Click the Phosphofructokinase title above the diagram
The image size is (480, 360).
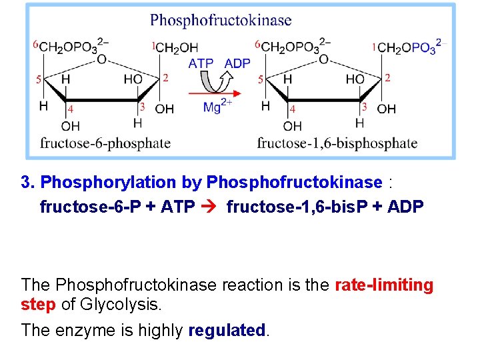tap(221, 20)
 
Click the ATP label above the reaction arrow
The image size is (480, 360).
tap(201, 63)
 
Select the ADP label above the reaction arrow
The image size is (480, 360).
tap(237, 63)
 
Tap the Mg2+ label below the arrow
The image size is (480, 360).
tap(217, 106)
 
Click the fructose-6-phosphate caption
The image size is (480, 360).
tap(105, 143)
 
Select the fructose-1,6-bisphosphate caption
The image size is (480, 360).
tap(337, 143)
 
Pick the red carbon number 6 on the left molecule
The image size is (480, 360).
tap(35, 45)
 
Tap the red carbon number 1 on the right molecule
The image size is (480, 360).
tap(375, 47)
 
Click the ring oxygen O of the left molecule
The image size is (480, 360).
tap(101, 59)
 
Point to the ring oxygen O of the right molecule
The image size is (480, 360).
tap(323, 59)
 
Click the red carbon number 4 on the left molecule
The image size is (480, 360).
tap(71, 108)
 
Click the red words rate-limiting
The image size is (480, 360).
tap(384, 285)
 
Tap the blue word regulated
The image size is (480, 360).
tap(227, 330)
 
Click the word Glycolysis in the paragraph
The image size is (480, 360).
tap(120, 305)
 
